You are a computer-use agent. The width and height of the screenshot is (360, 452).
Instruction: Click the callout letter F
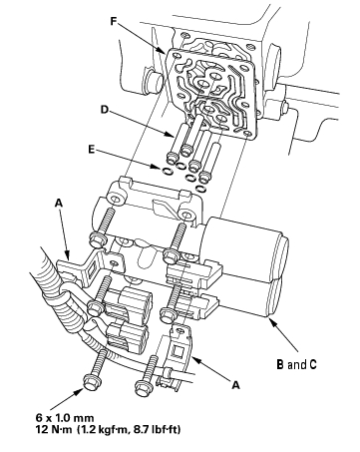point(114,21)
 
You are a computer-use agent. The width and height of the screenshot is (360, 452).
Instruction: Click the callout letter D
point(105,109)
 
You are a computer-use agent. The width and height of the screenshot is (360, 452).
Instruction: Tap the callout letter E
point(92,150)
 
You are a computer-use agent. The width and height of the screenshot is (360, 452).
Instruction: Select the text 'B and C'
point(296,364)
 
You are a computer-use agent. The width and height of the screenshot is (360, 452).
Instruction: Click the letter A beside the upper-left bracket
point(59,203)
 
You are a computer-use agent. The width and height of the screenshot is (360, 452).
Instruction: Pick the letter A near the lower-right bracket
point(235,385)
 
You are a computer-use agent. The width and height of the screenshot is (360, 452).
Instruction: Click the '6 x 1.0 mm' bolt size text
point(65,418)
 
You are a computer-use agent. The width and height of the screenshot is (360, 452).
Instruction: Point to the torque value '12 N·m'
point(54,430)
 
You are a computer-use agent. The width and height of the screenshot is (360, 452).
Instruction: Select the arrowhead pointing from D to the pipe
point(171,135)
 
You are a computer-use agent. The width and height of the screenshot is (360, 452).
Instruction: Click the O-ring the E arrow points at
point(168,171)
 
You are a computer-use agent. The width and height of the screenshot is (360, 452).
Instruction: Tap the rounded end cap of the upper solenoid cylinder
point(283,248)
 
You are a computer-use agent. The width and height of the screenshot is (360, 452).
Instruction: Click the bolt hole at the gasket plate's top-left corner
point(176,55)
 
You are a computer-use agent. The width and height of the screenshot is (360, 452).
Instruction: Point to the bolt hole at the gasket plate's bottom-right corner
point(246,134)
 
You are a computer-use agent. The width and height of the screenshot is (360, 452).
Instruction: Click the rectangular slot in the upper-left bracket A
point(92,268)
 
